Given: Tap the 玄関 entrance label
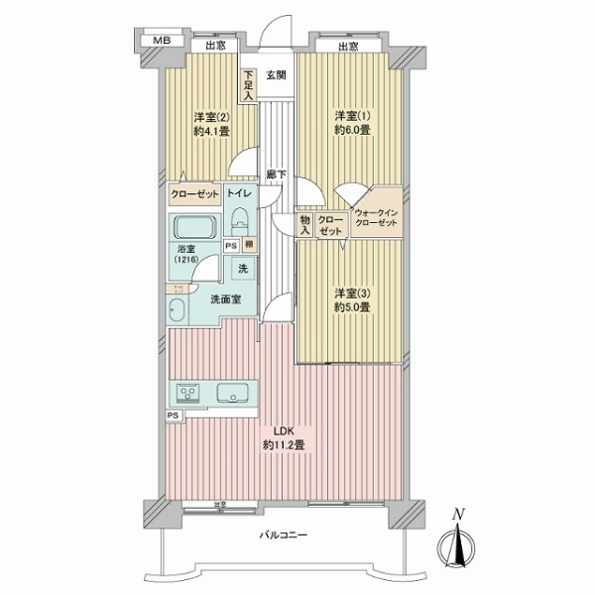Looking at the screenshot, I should [x=276, y=74].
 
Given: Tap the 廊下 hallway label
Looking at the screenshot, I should [x=276, y=176].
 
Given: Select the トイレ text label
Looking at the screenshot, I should [x=239, y=194].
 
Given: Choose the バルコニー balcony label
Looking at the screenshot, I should [x=285, y=536].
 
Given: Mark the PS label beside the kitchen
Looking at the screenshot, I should [x=174, y=416].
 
